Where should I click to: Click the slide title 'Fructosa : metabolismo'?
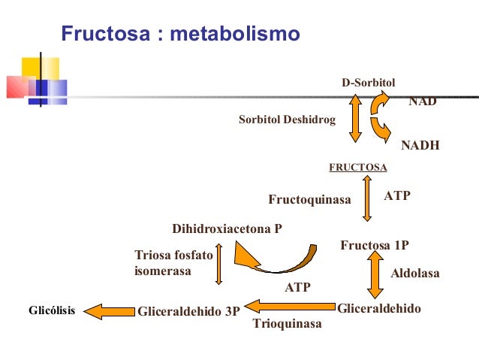point(180,34)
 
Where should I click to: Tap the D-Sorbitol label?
point(369,83)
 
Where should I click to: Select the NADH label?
point(420,145)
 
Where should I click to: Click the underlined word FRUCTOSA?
point(358,167)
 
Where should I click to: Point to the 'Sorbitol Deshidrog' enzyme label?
point(287,119)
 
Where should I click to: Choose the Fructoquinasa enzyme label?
point(310,200)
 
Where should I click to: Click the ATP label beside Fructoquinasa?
point(397,195)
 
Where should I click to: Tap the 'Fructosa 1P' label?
point(375,245)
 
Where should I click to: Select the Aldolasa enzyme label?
point(415,274)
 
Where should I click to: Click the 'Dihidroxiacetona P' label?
point(227,228)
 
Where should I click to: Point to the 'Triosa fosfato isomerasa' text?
point(173,263)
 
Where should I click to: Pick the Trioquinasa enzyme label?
point(287,324)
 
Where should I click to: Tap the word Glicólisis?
point(51,310)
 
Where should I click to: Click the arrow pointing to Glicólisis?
point(107,310)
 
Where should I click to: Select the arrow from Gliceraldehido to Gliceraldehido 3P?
point(290,306)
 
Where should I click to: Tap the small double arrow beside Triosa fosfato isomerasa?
point(218,264)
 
